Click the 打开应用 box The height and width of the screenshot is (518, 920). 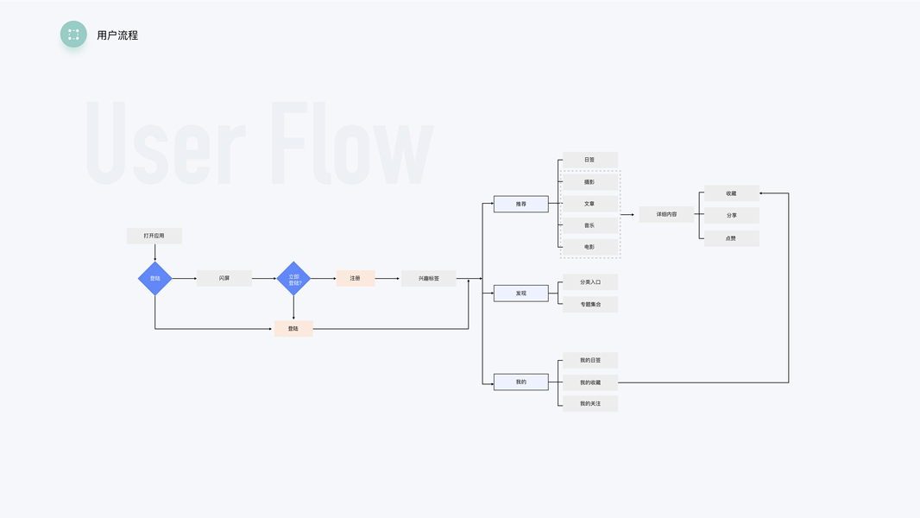pos(154,236)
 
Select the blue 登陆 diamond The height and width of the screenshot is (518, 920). pos(155,278)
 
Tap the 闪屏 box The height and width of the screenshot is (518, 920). pos(224,278)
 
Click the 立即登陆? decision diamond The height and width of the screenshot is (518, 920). pos(293,279)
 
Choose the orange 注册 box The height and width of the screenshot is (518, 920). pos(356,278)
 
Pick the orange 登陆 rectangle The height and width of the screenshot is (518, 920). pos(293,328)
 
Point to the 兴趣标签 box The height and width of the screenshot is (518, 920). pos(429,278)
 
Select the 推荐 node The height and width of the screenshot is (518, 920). pos(520,204)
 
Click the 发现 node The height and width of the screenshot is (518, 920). pos(520,294)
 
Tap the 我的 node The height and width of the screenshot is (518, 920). pos(520,382)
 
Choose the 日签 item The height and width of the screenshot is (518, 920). pos(589,160)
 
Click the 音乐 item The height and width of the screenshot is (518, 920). pos(589,225)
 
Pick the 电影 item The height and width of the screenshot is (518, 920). pos(589,247)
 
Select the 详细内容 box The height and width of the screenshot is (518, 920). pos(666,214)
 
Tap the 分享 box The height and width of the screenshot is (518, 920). pos(732,216)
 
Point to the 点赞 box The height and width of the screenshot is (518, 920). pos(732,238)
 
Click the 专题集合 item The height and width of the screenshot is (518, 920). pos(590,304)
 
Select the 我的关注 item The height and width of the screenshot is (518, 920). pos(590,403)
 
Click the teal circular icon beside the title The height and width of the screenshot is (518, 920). pos(73,35)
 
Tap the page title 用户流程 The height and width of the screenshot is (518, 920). pos(117,35)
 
